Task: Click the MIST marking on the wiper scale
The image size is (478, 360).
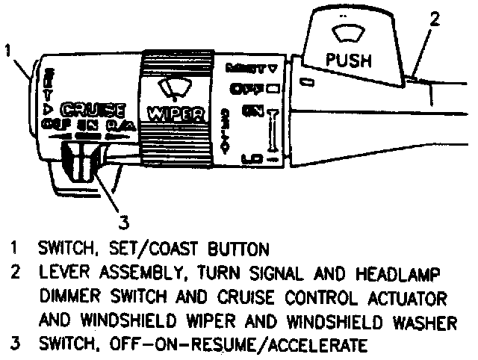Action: click(245, 67)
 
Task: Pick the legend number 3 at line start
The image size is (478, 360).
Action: click(14, 346)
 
